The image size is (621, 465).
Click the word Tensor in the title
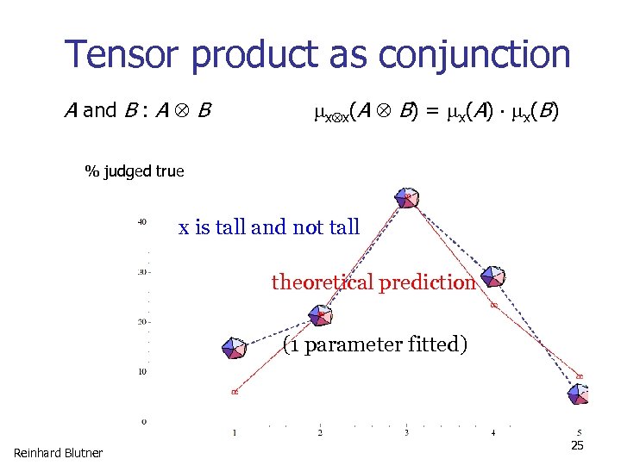[123, 55]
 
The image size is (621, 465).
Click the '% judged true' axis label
[134, 171]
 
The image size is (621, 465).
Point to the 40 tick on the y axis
[141, 222]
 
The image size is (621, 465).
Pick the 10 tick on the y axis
[141, 371]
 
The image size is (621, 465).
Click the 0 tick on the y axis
[143, 421]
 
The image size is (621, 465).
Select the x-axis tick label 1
[234, 433]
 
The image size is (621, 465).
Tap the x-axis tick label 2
[321, 433]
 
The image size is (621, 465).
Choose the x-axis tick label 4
[492, 433]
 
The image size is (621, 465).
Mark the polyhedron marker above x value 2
[321, 316]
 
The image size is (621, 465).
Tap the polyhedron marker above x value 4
[492, 275]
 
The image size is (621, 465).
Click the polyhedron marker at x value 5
[579, 394]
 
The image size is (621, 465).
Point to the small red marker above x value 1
[234, 392]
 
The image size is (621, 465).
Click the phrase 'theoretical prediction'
[373, 282]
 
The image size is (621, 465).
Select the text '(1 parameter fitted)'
[375, 345]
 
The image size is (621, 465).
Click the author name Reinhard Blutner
[58, 453]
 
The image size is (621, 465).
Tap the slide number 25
[578, 445]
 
